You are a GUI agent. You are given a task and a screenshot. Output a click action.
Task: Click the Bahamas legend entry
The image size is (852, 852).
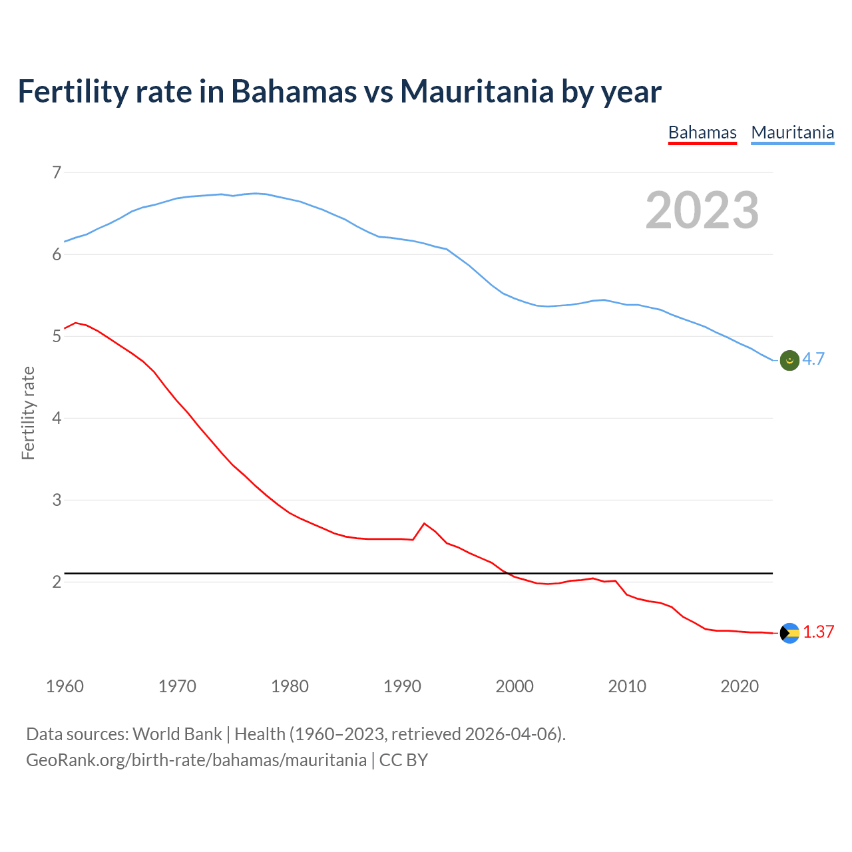point(702,132)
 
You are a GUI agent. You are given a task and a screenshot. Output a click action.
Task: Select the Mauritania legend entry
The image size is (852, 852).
point(792,132)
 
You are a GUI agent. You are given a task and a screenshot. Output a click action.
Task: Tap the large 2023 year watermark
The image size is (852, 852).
point(702,210)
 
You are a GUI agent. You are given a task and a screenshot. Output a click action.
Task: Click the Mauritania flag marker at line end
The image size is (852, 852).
point(789,360)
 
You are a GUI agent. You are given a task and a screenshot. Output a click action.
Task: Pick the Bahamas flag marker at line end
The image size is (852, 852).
point(789,633)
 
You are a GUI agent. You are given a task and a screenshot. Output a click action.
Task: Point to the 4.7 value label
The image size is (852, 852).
point(813,359)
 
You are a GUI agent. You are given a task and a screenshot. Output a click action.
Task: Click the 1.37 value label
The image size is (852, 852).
point(818,632)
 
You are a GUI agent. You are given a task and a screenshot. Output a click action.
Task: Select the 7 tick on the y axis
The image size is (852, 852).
point(57,173)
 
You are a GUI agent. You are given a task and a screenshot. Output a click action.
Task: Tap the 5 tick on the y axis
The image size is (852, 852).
point(57,337)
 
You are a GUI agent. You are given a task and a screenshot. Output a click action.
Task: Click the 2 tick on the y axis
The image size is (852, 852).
point(57,582)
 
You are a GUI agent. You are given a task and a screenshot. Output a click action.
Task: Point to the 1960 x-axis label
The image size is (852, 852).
point(65,686)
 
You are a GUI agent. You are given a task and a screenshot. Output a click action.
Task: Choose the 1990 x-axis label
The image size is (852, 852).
point(402,686)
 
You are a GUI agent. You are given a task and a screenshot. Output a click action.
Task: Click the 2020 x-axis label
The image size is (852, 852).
point(740,686)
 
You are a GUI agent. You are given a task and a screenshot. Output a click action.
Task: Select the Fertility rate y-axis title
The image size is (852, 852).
point(28,413)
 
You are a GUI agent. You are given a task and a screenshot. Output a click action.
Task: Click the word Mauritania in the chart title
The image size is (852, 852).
point(476,91)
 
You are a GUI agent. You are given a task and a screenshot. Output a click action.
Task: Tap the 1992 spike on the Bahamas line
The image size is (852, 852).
point(424,524)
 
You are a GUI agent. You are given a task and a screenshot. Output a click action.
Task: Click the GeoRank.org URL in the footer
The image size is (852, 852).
point(196,760)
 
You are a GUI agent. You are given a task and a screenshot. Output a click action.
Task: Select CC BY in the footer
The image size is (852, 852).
point(403,760)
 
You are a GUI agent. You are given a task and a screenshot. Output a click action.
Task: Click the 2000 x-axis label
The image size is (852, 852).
point(515,686)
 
